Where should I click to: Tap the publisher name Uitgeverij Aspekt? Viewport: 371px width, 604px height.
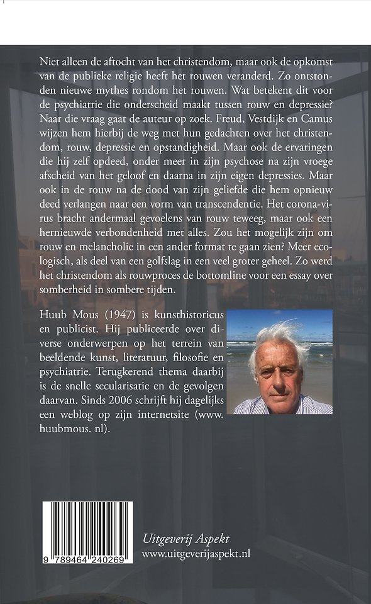[x=185, y=539]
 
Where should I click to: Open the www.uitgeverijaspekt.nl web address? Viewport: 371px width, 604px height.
[x=196, y=553]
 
